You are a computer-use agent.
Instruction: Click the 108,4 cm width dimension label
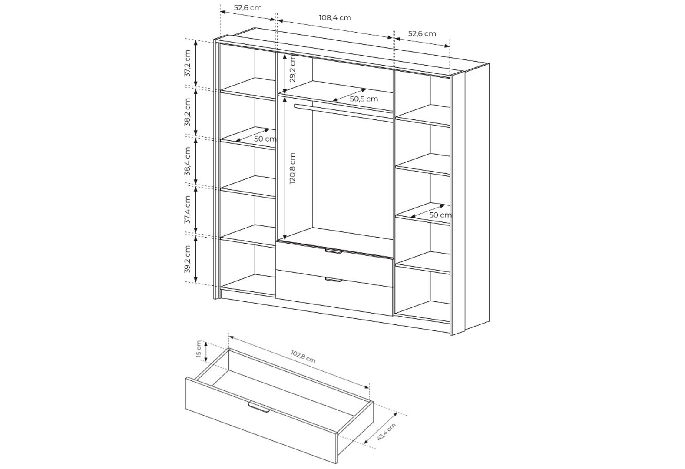click(335, 17)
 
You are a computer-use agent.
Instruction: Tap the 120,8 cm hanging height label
click(292, 168)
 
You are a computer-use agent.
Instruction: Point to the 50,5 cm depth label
click(364, 99)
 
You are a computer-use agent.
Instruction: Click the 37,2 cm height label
click(188, 63)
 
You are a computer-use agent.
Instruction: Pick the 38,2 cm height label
click(188, 112)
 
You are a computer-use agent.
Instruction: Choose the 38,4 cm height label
click(188, 161)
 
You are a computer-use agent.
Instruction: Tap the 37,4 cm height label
click(188, 210)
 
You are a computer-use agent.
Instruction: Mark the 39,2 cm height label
click(188, 259)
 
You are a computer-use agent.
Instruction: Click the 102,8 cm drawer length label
click(303, 357)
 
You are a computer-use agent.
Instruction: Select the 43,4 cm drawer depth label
click(387, 432)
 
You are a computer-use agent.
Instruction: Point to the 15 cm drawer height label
click(199, 349)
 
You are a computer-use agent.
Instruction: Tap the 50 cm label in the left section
click(265, 139)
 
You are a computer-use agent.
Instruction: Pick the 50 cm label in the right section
click(440, 215)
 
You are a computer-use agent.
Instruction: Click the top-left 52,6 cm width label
click(248, 8)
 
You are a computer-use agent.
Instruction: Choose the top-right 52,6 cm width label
click(422, 33)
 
